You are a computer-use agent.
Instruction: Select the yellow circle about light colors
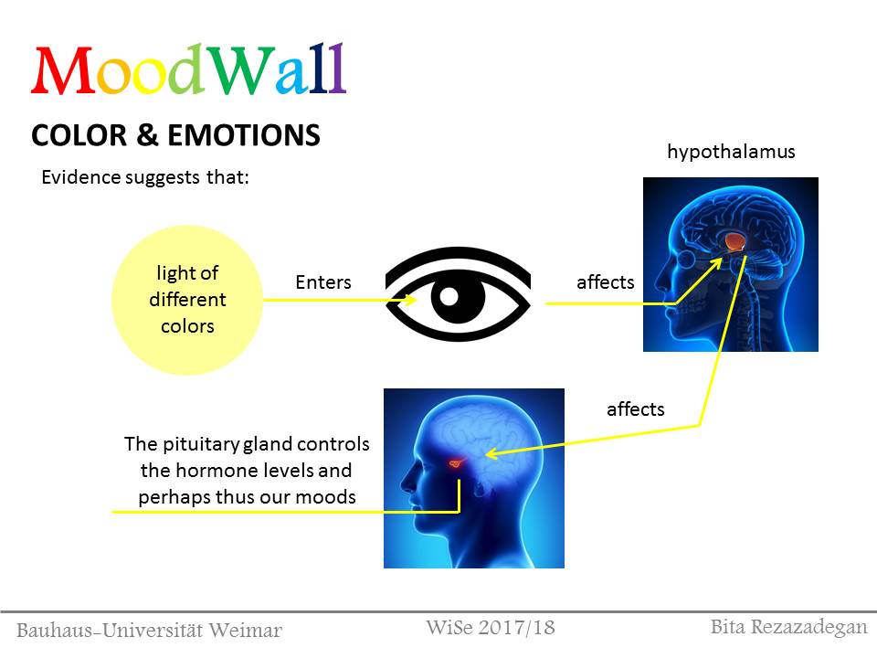(186, 300)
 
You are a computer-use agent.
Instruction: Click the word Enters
(323, 282)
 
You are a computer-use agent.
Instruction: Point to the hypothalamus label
(731, 152)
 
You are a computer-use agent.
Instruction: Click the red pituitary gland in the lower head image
(457, 464)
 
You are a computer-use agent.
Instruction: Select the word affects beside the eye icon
(605, 282)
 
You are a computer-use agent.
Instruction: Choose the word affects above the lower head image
(636, 409)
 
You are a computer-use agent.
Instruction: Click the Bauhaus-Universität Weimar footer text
(150, 631)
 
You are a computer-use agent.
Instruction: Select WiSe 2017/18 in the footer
(491, 628)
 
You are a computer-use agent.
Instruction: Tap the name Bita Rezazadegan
(788, 627)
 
